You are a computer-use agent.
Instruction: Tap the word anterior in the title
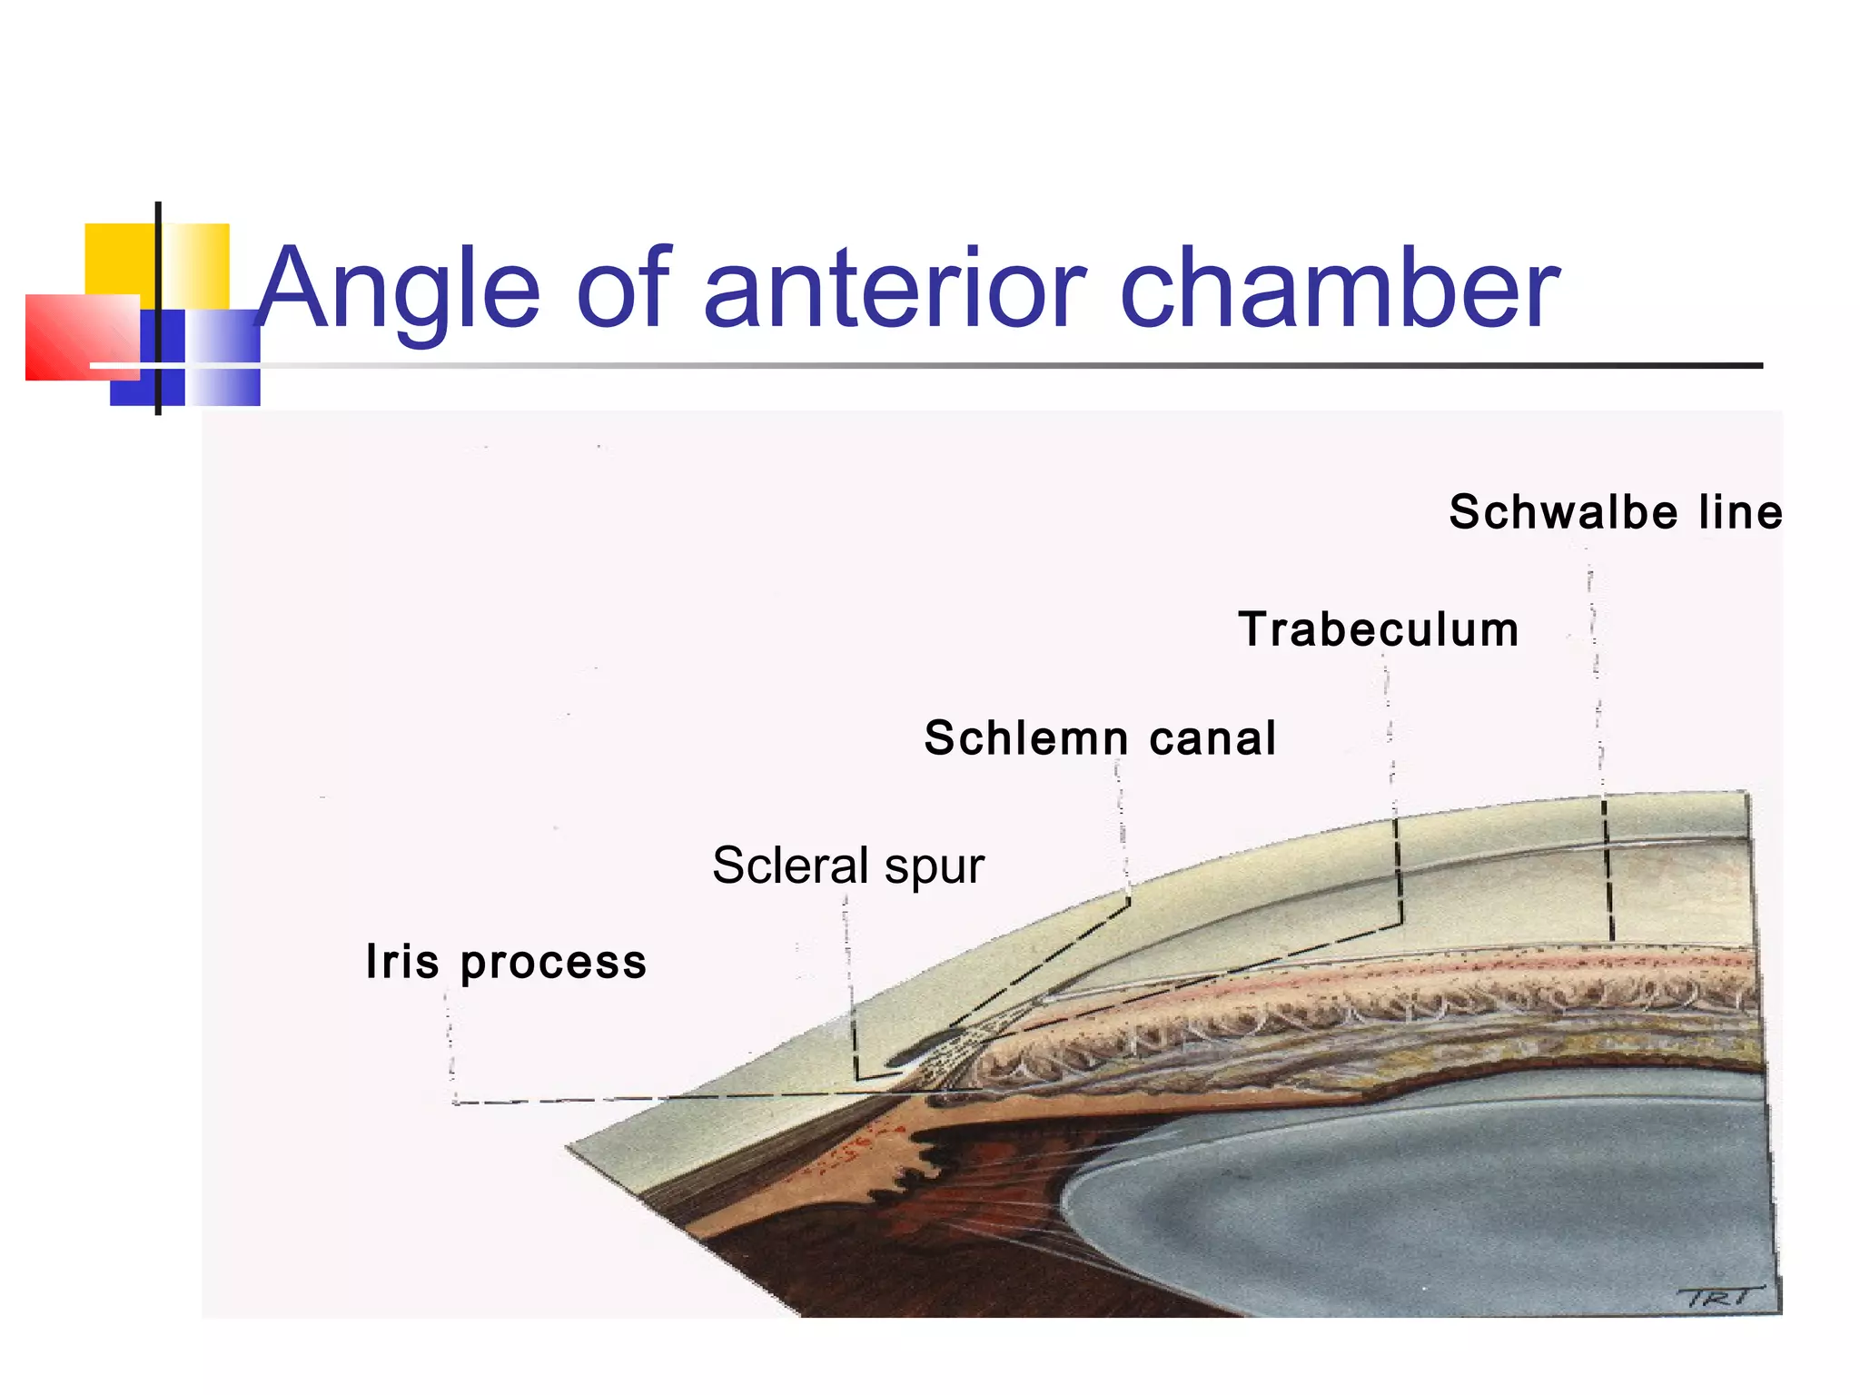point(895,289)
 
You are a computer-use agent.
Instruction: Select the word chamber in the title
point(1340,289)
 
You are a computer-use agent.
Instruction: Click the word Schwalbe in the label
point(1563,512)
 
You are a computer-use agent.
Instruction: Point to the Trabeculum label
point(1378,629)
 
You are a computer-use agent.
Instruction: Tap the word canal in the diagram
point(1212,737)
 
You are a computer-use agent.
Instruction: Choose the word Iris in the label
point(402,961)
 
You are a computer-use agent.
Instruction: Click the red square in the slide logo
point(77,336)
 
